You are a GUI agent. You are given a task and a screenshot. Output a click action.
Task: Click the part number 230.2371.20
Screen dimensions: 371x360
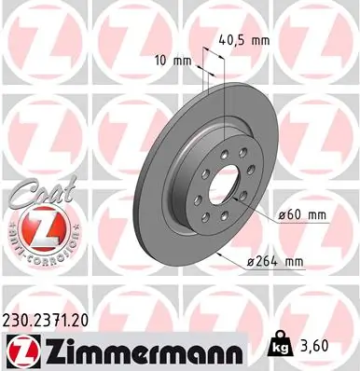57,319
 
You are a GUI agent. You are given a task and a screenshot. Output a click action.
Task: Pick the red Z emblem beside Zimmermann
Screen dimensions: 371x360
22,350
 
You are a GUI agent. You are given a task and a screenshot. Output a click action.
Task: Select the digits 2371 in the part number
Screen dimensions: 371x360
59,319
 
